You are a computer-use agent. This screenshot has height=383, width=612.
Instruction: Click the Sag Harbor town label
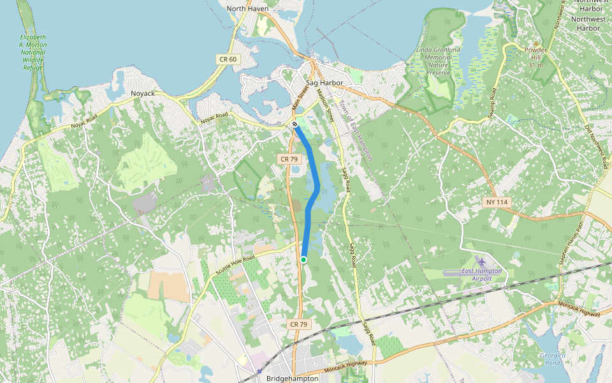pos(324,83)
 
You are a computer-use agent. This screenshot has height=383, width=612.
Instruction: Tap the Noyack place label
pos(143,93)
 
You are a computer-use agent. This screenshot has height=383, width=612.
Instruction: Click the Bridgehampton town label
pos(292,379)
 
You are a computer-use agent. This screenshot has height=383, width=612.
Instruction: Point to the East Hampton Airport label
pos(481,274)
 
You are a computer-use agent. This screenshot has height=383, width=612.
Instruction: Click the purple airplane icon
pos(481,262)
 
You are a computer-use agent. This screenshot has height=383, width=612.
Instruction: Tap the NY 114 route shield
pos(497,202)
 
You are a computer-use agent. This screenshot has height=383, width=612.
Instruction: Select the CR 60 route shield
pos(228,59)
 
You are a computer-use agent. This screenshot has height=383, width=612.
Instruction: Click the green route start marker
pos(303,260)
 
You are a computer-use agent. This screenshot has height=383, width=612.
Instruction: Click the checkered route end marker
pos(295,124)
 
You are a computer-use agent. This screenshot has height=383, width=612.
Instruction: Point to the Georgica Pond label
pos(550,359)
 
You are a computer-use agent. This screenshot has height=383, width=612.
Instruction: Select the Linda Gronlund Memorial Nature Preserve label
pos(438,61)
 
